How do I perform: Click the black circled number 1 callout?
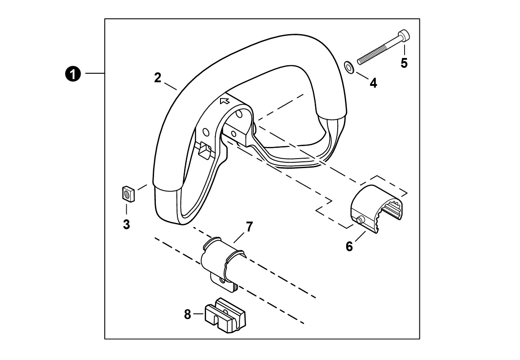[73, 73]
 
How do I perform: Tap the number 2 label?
[158, 78]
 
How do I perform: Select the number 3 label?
[126, 225]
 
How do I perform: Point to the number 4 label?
[374, 83]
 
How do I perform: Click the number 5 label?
[404, 63]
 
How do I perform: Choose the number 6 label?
[349, 247]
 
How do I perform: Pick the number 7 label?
[249, 227]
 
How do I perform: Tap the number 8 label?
[188, 314]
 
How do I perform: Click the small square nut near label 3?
[127, 193]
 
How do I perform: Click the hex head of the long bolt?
[404, 36]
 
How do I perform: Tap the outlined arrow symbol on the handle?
[225, 101]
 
